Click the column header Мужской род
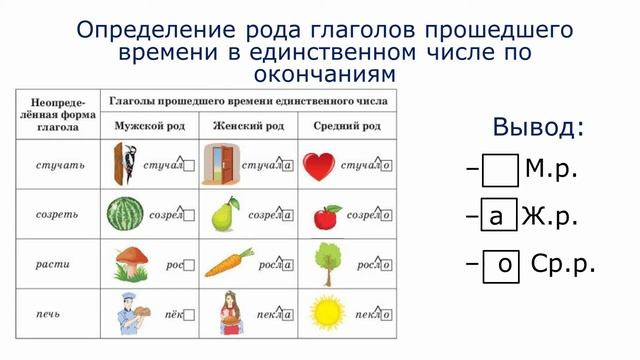(x=151, y=127)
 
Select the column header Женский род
(x=249, y=127)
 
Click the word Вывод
(x=538, y=128)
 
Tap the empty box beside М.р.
(x=500, y=171)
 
